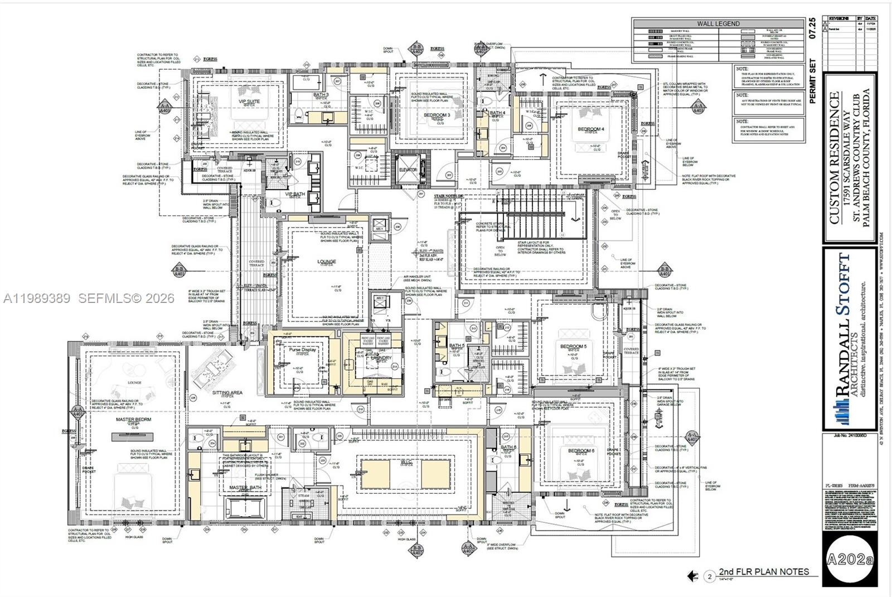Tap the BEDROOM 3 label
pos(437,115)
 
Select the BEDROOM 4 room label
pos(590,129)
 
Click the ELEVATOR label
pos(407,170)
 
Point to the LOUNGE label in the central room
pos(327,261)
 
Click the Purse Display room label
pos(302,350)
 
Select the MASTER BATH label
pos(245,488)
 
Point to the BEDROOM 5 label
pos(573,346)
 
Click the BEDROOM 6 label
pos(581,451)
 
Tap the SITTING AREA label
pos(227,393)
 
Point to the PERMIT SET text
pos(812,81)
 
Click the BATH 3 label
pos(321,95)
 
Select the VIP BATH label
pos(295,194)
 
